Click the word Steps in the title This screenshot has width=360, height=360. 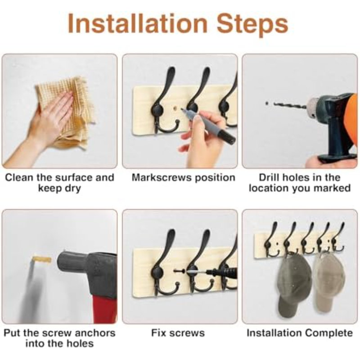(x=252, y=25)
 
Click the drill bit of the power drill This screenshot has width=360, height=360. (x=290, y=105)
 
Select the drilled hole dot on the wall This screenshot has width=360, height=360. (x=266, y=103)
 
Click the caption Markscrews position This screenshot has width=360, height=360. (x=183, y=178)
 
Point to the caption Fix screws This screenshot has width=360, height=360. (x=178, y=333)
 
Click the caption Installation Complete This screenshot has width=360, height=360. (x=300, y=333)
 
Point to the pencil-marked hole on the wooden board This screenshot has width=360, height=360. (x=175, y=107)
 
